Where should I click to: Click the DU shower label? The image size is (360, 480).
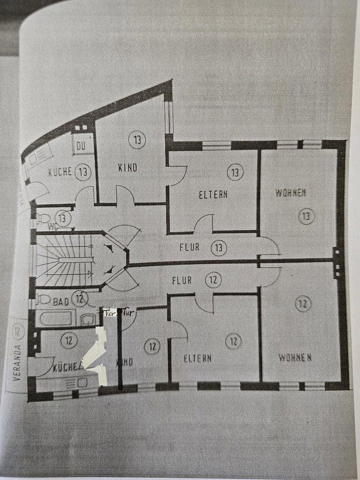(x=81, y=146)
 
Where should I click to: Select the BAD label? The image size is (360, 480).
(x=61, y=302)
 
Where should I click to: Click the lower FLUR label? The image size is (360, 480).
(x=182, y=280)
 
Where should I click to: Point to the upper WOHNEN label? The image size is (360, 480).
(x=290, y=193)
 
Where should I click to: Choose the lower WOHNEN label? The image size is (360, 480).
(x=295, y=357)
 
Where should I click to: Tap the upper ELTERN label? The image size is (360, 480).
(x=213, y=194)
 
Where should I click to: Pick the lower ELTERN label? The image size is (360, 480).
(x=198, y=358)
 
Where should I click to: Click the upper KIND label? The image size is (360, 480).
(x=128, y=168)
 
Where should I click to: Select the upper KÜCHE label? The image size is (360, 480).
(x=60, y=172)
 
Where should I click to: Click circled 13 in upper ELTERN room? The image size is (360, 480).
(x=235, y=172)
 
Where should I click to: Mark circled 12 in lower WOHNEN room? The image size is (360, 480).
(x=303, y=304)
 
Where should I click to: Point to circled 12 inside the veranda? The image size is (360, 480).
(x=17, y=330)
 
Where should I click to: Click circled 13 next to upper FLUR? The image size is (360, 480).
(x=218, y=248)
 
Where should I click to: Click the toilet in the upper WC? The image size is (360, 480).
(x=44, y=218)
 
